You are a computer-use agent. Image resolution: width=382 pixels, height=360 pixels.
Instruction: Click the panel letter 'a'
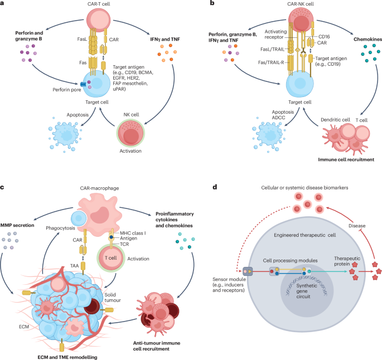tap(3, 4)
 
